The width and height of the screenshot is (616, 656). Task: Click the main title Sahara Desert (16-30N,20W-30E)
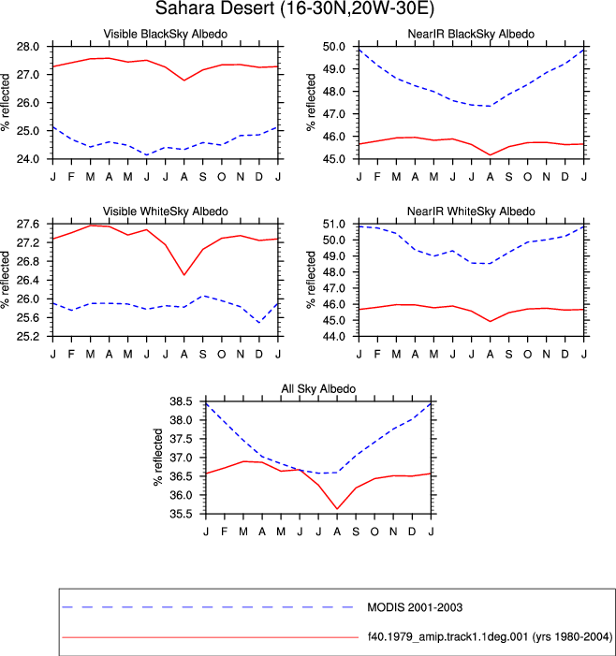coord(295,8)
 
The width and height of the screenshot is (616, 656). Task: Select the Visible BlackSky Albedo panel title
coord(166,34)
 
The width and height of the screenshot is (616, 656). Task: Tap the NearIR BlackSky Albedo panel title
coord(471,34)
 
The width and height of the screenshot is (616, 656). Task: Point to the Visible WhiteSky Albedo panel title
coord(166,211)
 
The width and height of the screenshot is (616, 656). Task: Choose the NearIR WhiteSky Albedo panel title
coord(471,211)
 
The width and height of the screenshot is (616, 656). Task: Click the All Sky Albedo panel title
coord(318,388)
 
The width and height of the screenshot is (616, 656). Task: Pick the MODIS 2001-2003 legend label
coord(415,607)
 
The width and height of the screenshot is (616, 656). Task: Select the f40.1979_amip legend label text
coord(490,636)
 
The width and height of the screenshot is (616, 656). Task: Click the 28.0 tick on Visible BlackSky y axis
coord(28,47)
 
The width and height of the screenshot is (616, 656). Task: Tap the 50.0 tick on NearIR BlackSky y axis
coord(334,47)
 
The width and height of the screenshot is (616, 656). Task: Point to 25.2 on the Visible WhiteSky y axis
coord(28,336)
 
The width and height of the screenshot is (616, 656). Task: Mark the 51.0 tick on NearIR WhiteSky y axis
coord(334,225)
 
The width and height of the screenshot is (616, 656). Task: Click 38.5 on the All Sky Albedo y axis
coord(181,401)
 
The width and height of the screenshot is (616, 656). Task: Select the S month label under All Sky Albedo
coord(356,532)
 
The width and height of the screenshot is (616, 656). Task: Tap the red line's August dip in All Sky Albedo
coord(337,509)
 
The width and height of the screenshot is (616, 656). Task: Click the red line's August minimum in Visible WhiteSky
coord(184,275)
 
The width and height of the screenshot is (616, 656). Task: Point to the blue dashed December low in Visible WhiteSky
coord(259,323)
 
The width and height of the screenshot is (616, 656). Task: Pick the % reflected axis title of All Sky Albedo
coord(158,458)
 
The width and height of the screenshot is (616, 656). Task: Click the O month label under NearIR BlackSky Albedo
coord(527,177)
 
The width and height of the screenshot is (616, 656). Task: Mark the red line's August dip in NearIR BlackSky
coord(491,155)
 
